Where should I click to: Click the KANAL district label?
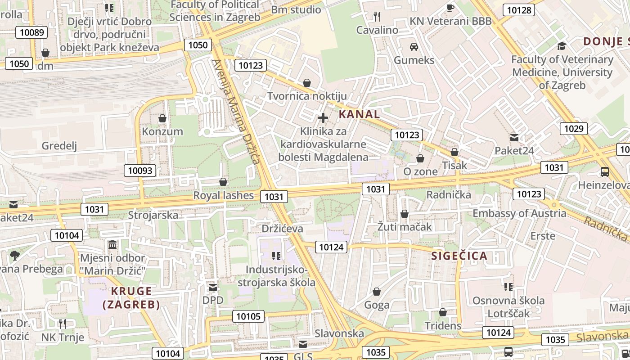pyautogui.click(x=359, y=114)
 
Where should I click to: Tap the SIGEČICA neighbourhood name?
pyautogui.click(x=459, y=256)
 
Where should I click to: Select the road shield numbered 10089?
pyautogui.click(x=32, y=32)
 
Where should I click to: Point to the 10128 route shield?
pyautogui.click(x=519, y=10)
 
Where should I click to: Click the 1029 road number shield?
pyautogui.click(x=574, y=129)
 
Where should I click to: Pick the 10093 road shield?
pyautogui.click(x=140, y=171)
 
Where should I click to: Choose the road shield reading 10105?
pyautogui.click(x=248, y=316)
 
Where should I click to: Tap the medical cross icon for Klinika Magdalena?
pyautogui.click(x=323, y=118)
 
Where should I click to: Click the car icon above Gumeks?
pyautogui.click(x=414, y=46)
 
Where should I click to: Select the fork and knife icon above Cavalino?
pyautogui.click(x=377, y=17)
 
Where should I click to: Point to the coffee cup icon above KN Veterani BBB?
pyautogui.click(x=450, y=8)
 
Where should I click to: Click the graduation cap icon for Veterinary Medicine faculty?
pyautogui.click(x=562, y=46)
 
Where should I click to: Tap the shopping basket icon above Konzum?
pyautogui.click(x=162, y=118)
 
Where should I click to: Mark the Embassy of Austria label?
pyautogui.click(x=519, y=213)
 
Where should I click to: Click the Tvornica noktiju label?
pyautogui.click(x=307, y=96)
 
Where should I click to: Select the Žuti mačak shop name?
pyautogui.click(x=405, y=227)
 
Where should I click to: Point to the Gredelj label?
pyautogui.click(x=59, y=146)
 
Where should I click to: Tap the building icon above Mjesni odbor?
pyautogui.click(x=112, y=245)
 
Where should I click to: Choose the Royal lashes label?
pyautogui.click(x=224, y=195)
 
